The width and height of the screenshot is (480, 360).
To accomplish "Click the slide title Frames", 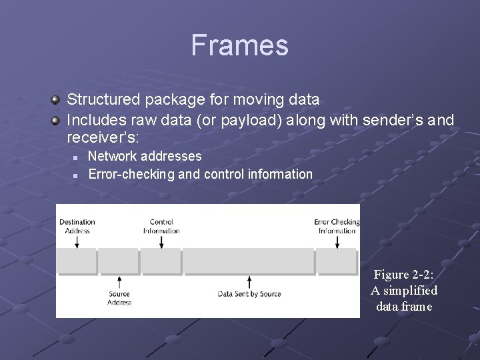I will coord(239,45).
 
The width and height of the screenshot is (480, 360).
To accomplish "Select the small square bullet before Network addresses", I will coord(75,157).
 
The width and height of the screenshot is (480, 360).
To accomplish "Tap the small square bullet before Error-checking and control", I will coord(75,175).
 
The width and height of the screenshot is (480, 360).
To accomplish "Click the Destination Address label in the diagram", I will coord(77,226).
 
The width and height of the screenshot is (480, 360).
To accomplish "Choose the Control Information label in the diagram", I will coord(161,226).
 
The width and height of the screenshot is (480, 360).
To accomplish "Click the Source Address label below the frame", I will coord(119,298).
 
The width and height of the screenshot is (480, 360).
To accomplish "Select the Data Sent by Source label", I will coord(249,294).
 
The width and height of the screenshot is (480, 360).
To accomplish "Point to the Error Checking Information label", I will coord(337,226).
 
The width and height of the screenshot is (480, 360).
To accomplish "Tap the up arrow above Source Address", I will coord(119,282).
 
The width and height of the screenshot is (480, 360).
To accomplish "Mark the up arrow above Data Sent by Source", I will coord(249,282).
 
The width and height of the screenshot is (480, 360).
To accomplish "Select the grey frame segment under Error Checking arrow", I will coord(337,261).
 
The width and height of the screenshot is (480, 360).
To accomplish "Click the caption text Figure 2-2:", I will coord(404,275).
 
